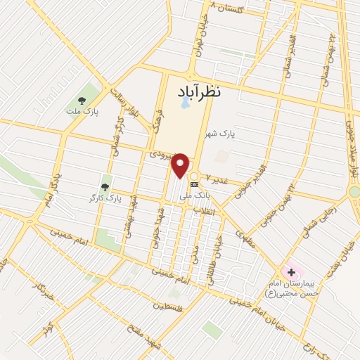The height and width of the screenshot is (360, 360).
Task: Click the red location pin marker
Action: [181, 165]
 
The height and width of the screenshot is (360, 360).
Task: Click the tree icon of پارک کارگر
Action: [105, 187]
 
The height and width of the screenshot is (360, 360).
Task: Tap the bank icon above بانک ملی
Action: [195, 185]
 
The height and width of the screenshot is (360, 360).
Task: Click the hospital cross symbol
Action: [291, 271]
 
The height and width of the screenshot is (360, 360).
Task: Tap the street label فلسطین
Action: [172, 307]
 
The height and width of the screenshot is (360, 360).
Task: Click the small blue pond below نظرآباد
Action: [184, 102]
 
